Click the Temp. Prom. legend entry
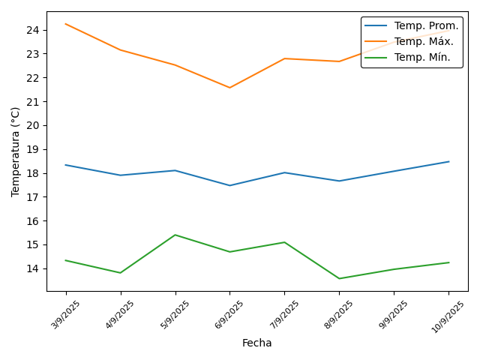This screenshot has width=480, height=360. pyautogui.click(x=426, y=26)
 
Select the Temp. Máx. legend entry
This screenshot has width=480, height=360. pyautogui.click(x=424, y=42)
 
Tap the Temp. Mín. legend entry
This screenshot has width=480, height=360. pyautogui.click(x=423, y=58)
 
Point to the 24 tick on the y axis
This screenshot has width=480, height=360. pyautogui.click(x=33, y=30)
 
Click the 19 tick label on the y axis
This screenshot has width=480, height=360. pyautogui.click(x=33, y=149)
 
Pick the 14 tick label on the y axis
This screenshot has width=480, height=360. pyautogui.click(x=33, y=268)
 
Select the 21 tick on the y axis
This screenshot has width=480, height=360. pyautogui.click(x=33, y=101)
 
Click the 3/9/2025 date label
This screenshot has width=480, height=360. pyautogui.click(x=66, y=314)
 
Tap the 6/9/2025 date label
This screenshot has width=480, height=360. pyautogui.click(x=229, y=314)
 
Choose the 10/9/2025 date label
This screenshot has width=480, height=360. pyautogui.click(x=448, y=316)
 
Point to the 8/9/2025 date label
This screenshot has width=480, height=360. pyautogui.click(x=339, y=314)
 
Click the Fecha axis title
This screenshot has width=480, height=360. pyautogui.click(x=256, y=343)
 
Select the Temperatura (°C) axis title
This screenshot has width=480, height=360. pyautogui.click(x=16, y=151)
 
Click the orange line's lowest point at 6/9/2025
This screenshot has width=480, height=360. pyautogui.click(x=229, y=88)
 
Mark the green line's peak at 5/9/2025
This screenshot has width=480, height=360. pyautogui.click(x=175, y=235)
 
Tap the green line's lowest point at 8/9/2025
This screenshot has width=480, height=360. pyautogui.click(x=339, y=278)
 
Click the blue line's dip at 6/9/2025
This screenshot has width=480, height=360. pyautogui.click(x=229, y=185)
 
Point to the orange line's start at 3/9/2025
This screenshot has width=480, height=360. pyautogui.click(x=66, y=24)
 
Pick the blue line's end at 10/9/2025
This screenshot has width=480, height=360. pyautogui.click(x=448, y=161)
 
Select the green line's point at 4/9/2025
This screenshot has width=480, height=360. pyautogui.click(x=121, y=273)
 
